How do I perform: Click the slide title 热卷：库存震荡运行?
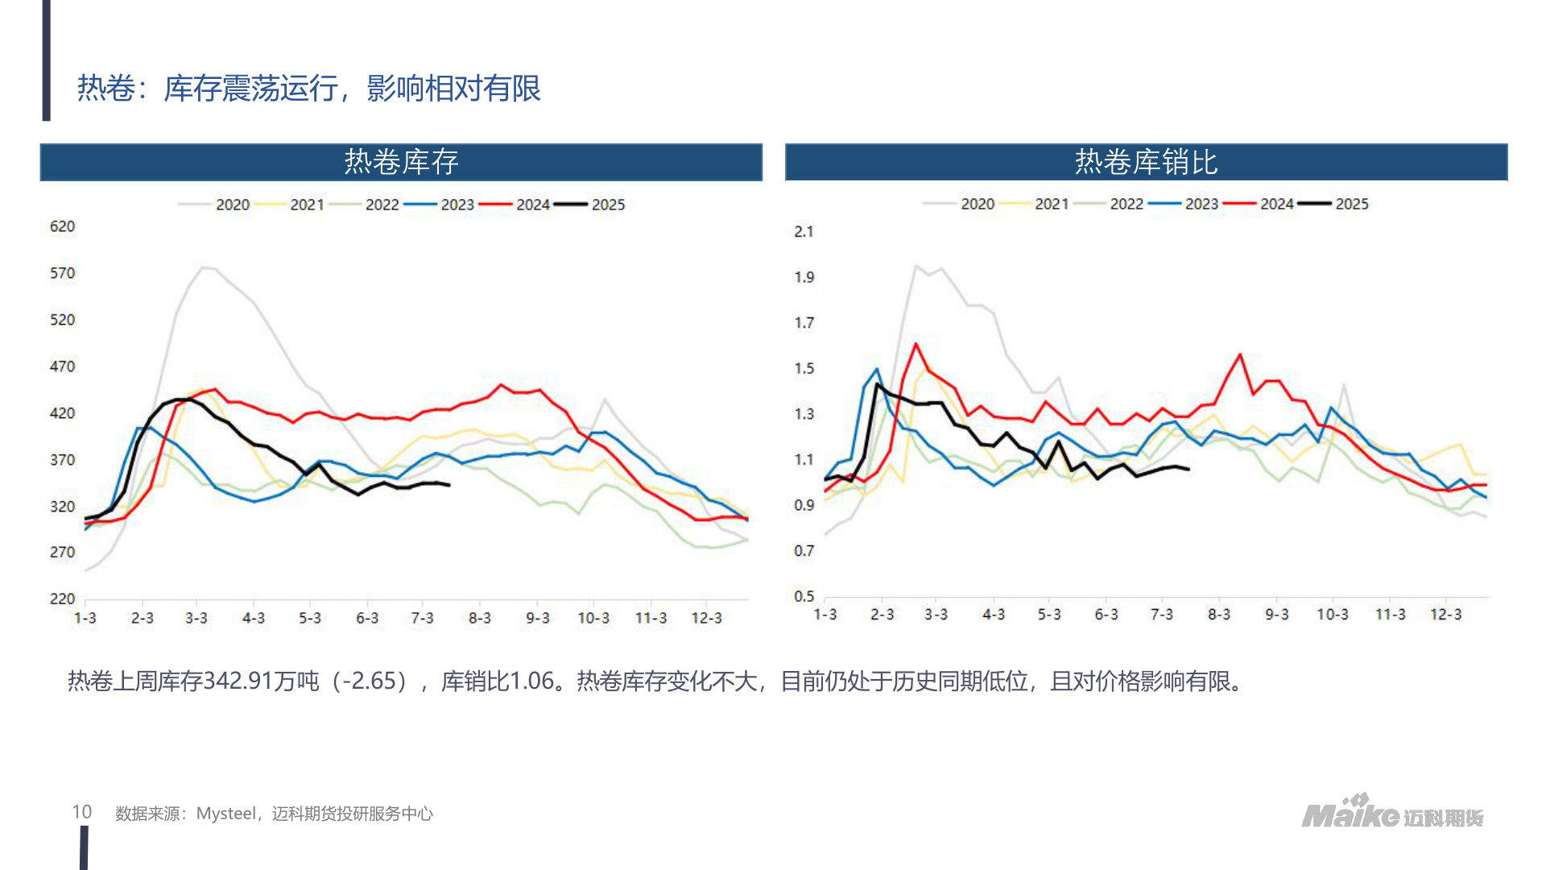308,88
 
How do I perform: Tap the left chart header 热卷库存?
401,162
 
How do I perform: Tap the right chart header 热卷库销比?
1145,162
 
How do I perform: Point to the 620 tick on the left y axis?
62,226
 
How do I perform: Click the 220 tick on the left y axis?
62,599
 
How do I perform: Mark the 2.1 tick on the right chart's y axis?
804,232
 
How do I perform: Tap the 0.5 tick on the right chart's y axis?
804,596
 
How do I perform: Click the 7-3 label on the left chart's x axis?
422,618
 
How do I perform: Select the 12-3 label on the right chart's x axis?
1445,615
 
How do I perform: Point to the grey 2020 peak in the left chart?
206,267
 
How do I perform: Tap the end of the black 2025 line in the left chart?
449,485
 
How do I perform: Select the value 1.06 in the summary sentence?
531,681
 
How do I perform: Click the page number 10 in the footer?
81,812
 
